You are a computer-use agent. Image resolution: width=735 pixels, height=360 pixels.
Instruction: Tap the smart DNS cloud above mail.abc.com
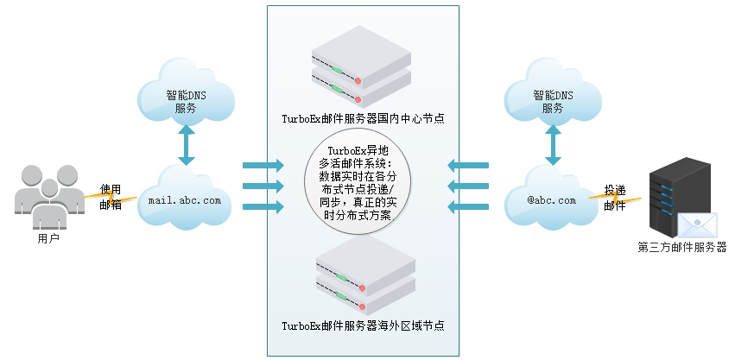point(185,98)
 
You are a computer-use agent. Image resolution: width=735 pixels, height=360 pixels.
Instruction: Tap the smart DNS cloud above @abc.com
point(552,98)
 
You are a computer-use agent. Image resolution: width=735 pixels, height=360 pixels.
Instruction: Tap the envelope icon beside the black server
point(697,225)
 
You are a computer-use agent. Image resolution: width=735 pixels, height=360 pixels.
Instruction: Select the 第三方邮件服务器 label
point(682,248)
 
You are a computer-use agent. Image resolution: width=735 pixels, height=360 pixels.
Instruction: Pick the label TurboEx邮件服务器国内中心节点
point(363,118)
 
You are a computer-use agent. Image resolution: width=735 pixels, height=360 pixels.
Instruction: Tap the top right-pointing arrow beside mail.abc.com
point(263,165)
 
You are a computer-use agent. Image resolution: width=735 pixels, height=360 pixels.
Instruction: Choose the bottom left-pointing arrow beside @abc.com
point(468,206)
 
